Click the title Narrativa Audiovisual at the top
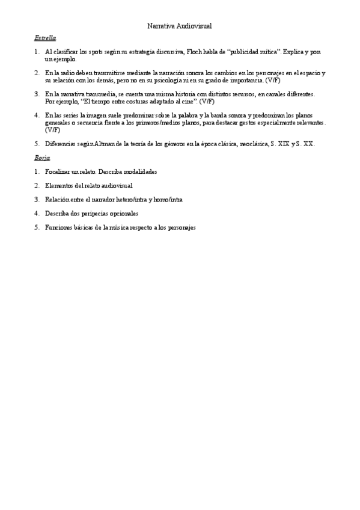point(180,26)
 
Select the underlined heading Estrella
point(46,37)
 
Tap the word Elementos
point(59,185)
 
